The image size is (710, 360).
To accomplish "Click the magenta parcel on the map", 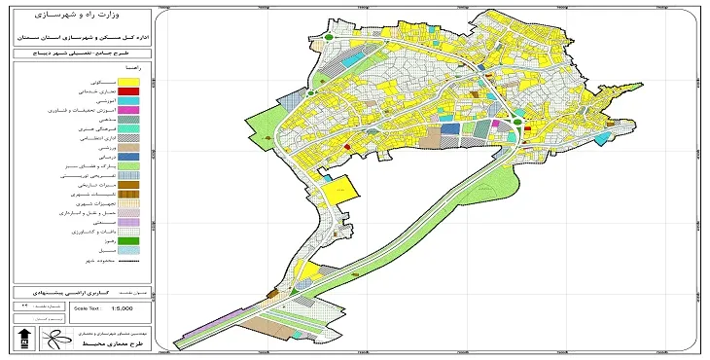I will tap(494, 124).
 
